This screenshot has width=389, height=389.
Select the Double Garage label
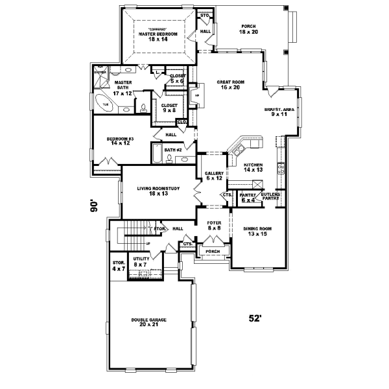click(149, 322)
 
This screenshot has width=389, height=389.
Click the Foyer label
click(214, 226)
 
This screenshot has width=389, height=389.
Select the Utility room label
click(141, 261)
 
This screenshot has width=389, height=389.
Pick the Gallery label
click(214, 176)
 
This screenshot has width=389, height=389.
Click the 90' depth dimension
click(95, 206)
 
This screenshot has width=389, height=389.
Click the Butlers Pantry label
click(270, 197)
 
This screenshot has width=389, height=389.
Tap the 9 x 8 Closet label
click(169, 107)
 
